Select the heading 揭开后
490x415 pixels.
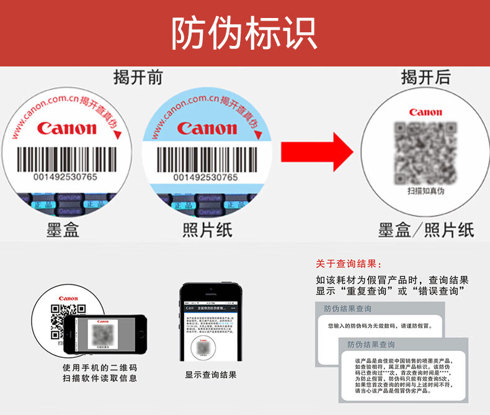pos(425,78)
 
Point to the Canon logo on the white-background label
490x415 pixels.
pos(67,129)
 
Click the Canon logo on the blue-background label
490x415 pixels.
pos(207,129)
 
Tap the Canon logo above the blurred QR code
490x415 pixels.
pos(425,112)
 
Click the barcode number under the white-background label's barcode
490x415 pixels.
pos(65,177)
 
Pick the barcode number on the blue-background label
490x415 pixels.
pos(205,177)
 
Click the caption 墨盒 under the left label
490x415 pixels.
pos(63,230)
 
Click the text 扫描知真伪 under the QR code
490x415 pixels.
pos(425,191)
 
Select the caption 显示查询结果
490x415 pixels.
pos(211,375)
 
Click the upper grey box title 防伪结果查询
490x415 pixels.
pos(347,309)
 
